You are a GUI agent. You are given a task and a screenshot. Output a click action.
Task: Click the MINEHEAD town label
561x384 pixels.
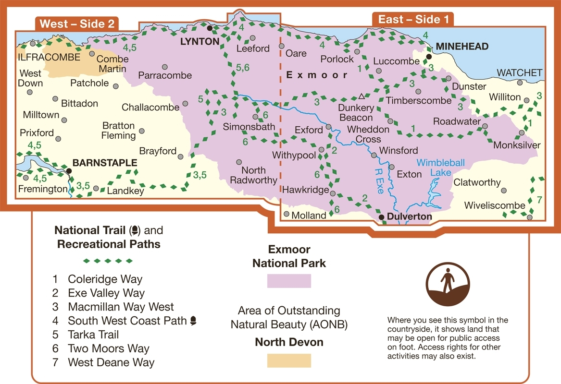pyautogui.click(x=462, y=47)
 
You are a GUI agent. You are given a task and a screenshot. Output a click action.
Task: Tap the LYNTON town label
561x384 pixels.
pyautogui.click(x=199, y=42)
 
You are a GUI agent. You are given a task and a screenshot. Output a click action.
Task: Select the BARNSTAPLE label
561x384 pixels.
pyautogui.click(x=105, y=163)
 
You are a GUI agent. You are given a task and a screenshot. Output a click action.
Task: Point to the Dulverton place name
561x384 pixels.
pyautogui.click(x=410, y=217)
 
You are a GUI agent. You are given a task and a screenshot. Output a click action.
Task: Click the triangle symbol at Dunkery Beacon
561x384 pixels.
pyautogui.click(x=362, y=96)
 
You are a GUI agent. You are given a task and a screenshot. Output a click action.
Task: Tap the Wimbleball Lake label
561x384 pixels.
pyautogui.click(x=441, y=168)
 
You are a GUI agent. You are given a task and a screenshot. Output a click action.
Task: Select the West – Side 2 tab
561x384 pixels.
pyautogui.click(x=77, y=24)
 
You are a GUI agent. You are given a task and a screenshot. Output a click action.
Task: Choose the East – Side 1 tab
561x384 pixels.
pyautogui.click(x=413, y=20)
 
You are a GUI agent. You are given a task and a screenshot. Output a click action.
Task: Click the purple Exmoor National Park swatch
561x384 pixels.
pyautogui.click(x=289, y=280)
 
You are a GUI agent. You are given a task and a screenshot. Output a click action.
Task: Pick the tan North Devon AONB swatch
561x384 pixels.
pyautogui.click(x=289, y=360)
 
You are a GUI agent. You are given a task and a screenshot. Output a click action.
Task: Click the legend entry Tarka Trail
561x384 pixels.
pyautogui.click(x=93, y=335)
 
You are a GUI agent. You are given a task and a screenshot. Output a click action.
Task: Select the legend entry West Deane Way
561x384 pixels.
pyautogui.click(x=111, y=362)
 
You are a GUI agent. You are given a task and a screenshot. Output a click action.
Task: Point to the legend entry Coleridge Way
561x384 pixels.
pyautogui.click(x=105, y=279)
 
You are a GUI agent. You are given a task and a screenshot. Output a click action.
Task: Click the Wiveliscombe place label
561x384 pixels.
pyautogui.click(x=495, y=205)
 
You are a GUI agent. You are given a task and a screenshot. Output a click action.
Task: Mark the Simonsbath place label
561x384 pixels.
pyautogui.click(x=249, y=127)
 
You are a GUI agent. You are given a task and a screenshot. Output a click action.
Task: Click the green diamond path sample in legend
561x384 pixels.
pyautogui.click(x=108, y=261)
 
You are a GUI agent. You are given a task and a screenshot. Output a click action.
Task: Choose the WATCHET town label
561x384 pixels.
pyautogui.click(x=519, y=73)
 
